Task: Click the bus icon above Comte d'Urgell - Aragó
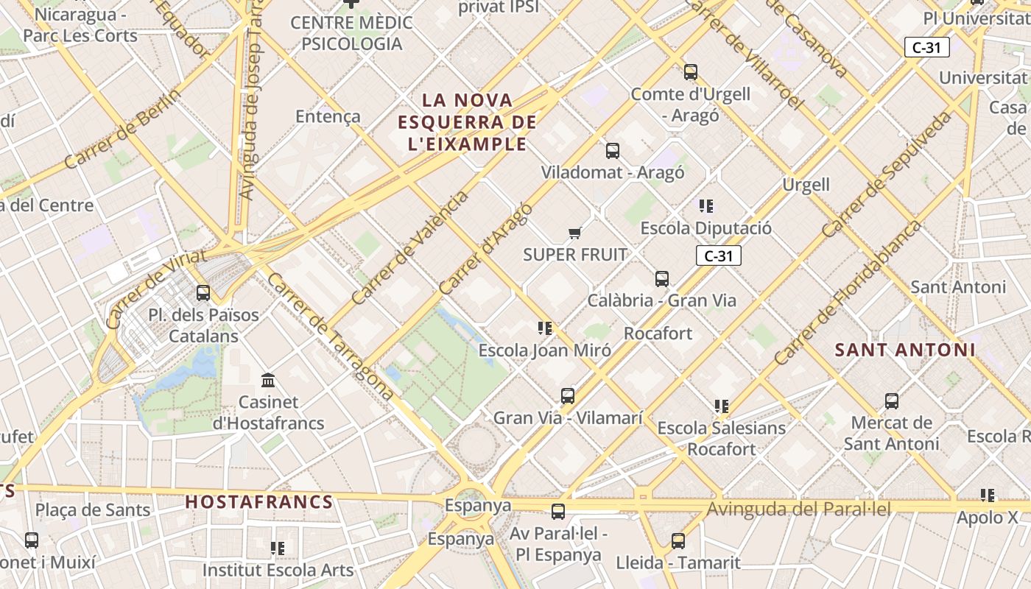coord(690,72)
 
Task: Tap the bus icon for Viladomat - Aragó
coord(612,151)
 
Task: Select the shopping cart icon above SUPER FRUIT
coord(574,233)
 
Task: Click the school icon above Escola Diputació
coord(706,206)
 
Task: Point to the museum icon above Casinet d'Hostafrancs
coord(269,381)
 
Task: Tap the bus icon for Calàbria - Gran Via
coord(661,279)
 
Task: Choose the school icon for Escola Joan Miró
coord(545,328)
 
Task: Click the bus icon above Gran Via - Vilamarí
coord(567,396)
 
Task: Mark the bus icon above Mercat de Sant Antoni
coord(891,401)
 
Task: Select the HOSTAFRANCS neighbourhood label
coord(258,502)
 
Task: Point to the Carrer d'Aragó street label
coord(485,248)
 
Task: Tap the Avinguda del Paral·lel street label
coord(798,509)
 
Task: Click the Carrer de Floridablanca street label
coord(847,292)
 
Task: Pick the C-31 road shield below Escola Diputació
coord(718,255)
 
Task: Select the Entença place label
coord(328,116)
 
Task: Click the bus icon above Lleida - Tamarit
coord(678,541)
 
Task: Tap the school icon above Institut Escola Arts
coord(278,549)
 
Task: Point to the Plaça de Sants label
coord(93,509)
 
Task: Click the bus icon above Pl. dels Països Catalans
coord(203,293)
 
